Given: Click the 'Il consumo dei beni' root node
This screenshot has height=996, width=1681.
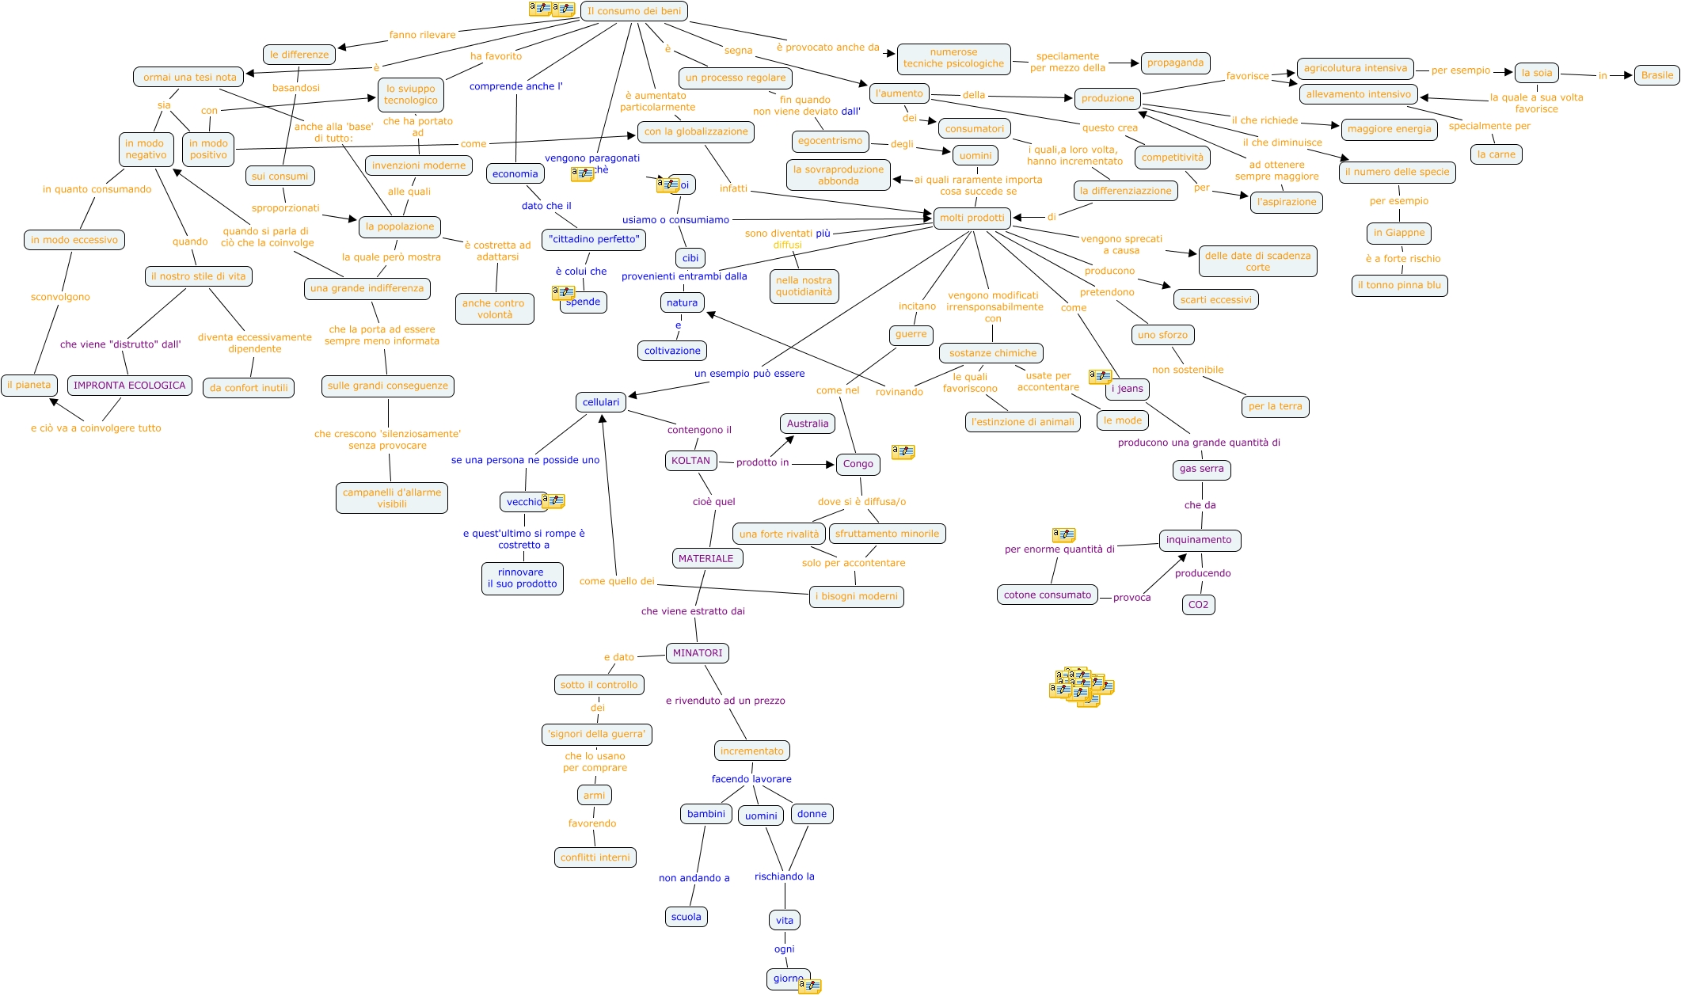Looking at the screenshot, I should pyautogui.click(x=633, y=11).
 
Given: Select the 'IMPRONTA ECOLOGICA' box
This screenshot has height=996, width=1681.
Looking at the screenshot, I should pyautogui.click(x=130, y=386).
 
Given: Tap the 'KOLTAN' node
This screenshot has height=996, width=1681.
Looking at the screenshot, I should pyautogui.click(x=690, y=461).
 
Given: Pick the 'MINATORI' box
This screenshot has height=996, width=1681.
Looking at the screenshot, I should pyautogui.click(x=698, y=653).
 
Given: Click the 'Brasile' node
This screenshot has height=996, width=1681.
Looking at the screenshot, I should pyautogui.click(x=1656, y=75).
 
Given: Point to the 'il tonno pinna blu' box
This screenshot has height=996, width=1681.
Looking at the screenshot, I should pyautogui.click(x=1399, y=285).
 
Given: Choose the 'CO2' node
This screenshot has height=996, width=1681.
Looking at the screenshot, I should pyautogui.click(x=1198, y=605).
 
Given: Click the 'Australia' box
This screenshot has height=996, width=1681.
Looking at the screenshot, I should pyautogui.click(x=808, y=424).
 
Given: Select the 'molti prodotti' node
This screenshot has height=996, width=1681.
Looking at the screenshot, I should pyautogui.click(x=972, y=218).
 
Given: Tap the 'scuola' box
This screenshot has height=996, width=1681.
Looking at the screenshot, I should pyautogui.click(x=686, y=917).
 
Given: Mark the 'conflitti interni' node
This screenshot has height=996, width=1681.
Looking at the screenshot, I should pyautogui.click(x=595, y=857).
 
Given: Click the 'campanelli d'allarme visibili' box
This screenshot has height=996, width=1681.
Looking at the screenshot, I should pyautogui.click(x=392, y=498).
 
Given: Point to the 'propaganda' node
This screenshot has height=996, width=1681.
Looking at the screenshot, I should pyautogui.click(x=1175, y=63).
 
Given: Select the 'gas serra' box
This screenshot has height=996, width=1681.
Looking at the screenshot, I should pyautogui.click(x=1201, y=469).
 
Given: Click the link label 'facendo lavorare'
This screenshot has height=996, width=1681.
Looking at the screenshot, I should pyautogui.click(x=751, y=779).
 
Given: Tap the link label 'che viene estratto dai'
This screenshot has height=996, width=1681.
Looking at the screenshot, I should pyautogui.click(x=693, y=611).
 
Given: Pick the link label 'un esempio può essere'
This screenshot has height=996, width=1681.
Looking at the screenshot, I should pyautogui.click(x=749, y=374).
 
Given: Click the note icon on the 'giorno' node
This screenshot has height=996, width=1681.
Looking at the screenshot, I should pyautogui.click(x=809, y=986).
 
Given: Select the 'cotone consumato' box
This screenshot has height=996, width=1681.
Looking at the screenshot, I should pyautogui.click(x=1047, y=595).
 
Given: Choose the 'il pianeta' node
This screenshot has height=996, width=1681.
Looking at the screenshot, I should pyautogui.click(x=29, y=386).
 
